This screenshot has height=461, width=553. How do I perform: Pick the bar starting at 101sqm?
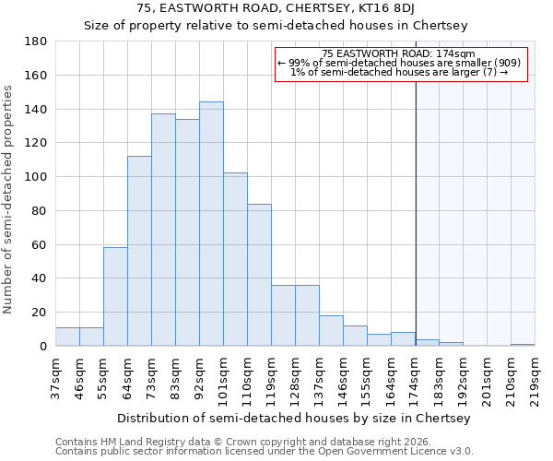click(235, 259)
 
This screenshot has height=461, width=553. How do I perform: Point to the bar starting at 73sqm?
click(163, 230)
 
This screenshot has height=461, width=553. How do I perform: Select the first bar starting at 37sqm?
click(67, 337)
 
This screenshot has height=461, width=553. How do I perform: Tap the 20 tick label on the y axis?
click(40, 313)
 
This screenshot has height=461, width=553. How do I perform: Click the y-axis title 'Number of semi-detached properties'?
click(8, 199)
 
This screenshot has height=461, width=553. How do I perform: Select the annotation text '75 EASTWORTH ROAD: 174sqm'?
click(399, 54)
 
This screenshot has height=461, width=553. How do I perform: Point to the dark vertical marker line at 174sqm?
click(416, 203)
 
